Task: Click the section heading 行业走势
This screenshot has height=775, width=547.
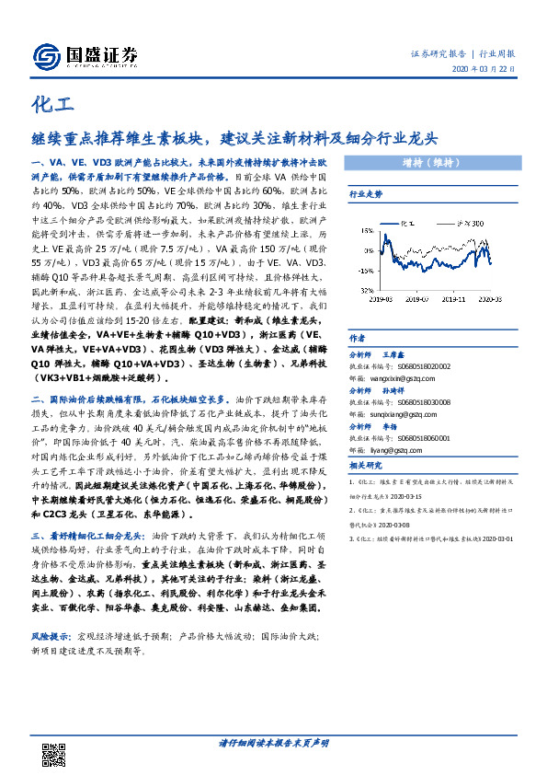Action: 365,194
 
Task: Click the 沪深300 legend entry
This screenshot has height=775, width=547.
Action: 471,224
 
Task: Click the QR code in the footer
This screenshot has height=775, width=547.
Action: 53,752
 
